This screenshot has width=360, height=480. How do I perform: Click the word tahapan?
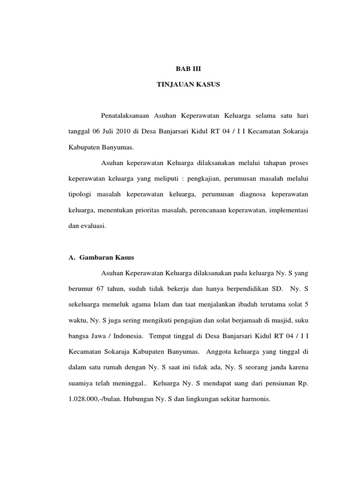(x=263, y=163)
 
